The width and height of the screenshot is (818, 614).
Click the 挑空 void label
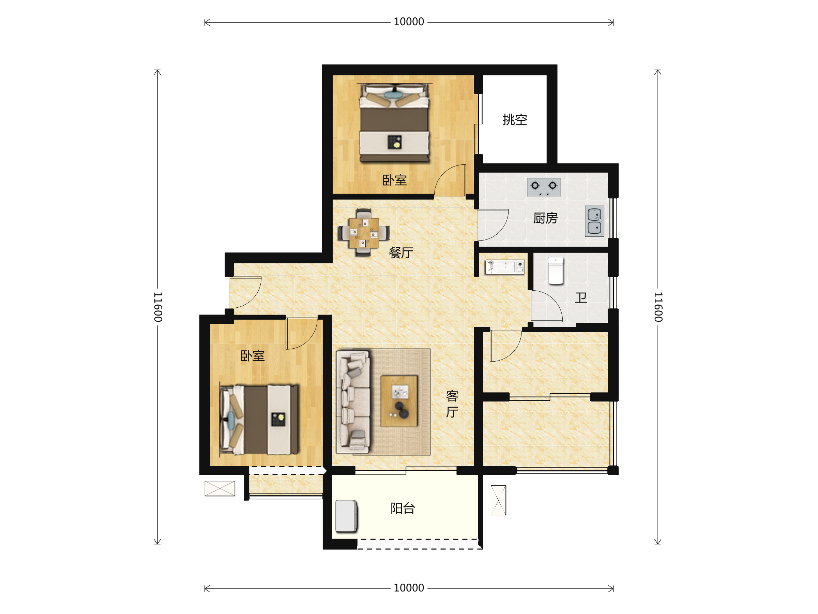pyautogui.click(x=514, y=119)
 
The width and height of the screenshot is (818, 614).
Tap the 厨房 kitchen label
pyautogui.click(x=545, y=218)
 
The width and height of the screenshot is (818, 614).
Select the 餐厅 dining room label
pyautogui.click(x=401, y=252)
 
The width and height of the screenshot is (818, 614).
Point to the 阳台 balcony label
pyautogui.click(x=403, y=508)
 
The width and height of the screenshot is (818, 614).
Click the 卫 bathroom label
pyautogui.click(x=581, y=297)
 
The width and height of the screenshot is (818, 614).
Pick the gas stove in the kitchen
pyautogui.click(x=544, y=187)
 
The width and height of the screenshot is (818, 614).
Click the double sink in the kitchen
pyautogui.click(x=594, y=221)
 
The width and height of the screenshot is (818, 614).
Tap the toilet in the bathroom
pyautogui.click(x=556, y=271)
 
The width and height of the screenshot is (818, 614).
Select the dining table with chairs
pyautogui.click(x=364, y=233)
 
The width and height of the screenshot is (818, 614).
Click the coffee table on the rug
pyautogui.click(x=399, y=401)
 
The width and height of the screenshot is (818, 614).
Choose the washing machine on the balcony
pyautogui.click(x=347, y=516)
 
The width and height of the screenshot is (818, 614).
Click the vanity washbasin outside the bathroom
pyautogui.click(x=505, y=267)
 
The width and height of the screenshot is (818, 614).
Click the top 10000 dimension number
pyautogui.click(x=409, y=22)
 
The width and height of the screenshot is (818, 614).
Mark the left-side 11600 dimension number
pyautogui.click(x=158, y=307)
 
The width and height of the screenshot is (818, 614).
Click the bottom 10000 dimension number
pyautogui.click(x=409, y=588)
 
